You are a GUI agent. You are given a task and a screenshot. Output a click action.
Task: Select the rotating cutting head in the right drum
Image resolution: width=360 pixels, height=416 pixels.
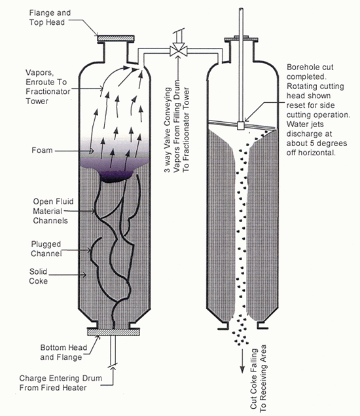[x=241, y=123]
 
